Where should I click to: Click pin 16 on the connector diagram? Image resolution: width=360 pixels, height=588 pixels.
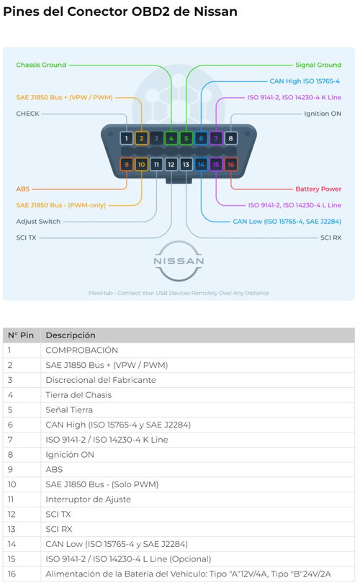(230, 164)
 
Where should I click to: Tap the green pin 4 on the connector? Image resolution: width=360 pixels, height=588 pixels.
(171, 138)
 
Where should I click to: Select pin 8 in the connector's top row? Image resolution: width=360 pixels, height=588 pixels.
(230, 138)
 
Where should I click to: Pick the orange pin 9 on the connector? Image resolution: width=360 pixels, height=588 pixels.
(127, 164)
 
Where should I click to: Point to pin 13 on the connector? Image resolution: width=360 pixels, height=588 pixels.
(186, 164)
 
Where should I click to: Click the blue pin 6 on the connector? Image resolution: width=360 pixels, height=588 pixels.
(201, 138)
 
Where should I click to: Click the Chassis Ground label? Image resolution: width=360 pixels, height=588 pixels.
(41, 65)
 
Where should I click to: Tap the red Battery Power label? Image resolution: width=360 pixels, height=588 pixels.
(318, 189)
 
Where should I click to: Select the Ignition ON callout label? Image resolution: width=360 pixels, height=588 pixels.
(323, 114)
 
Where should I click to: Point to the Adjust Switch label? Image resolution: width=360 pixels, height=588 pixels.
(38, 221)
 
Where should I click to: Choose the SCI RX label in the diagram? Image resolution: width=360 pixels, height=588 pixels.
(330, 238)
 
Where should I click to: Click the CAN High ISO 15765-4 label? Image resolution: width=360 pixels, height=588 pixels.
(305, 81)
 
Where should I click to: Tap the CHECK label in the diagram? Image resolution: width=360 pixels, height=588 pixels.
(28, 114)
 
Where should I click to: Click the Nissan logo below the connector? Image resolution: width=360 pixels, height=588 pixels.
(179, 261)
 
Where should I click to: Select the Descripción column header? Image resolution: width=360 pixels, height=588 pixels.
(71, 335)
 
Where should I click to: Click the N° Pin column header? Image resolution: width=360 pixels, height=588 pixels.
(21, 335)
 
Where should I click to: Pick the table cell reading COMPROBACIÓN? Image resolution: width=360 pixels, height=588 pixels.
(82, 350)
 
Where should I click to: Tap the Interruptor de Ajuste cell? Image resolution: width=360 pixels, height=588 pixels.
(88, 499)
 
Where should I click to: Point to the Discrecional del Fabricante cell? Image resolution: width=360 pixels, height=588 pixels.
(101, 380)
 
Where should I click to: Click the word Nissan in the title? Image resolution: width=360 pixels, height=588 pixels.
(215, 12)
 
